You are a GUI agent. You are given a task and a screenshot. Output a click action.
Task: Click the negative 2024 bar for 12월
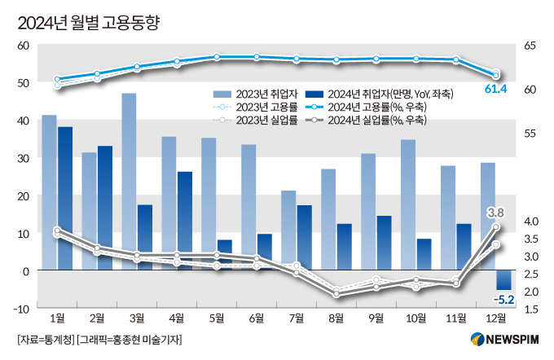tap(503, 279)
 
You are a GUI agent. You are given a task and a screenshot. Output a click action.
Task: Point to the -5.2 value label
tap(503, 300)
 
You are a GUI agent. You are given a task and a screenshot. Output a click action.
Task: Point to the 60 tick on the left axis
tap(23, 46)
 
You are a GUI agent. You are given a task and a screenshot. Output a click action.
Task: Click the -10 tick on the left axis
tap(21, 308)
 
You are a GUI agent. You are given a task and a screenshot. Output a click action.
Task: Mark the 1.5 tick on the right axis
tap(530, 309)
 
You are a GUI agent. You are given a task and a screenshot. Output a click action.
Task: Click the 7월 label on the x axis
tap(296, 317)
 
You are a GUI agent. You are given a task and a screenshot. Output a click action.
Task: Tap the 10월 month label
tap(415, 317)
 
